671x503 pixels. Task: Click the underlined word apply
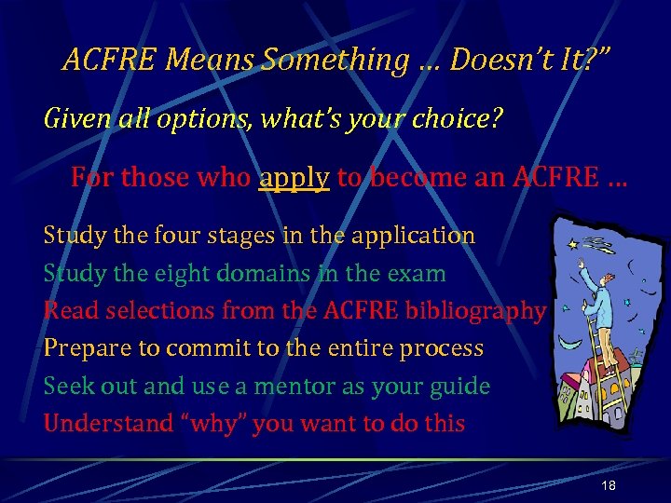click(294, 178)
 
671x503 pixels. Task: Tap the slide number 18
click(609, 486)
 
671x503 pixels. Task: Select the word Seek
click(68, 386)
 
